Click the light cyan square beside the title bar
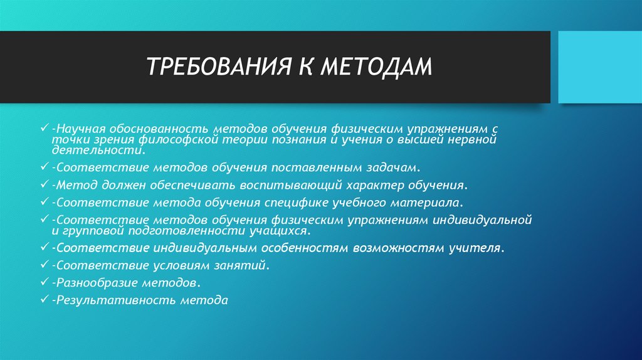coord(599,67)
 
